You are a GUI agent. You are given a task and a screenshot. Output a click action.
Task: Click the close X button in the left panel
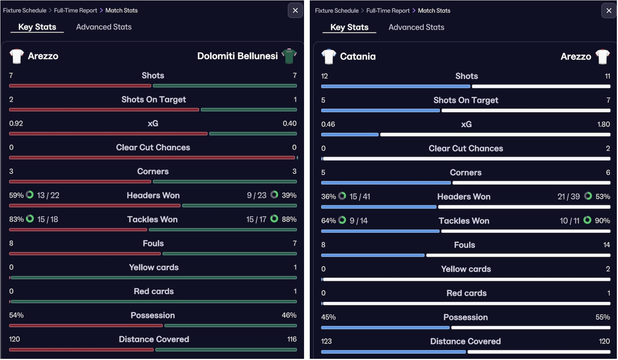[x=295, y=10]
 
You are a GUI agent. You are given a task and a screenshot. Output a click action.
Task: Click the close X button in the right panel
[x=608, y=11]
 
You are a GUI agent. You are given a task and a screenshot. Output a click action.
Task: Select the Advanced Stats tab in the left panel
[x=104, y=27]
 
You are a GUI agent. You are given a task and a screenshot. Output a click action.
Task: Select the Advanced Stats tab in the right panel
[x=416, y=27]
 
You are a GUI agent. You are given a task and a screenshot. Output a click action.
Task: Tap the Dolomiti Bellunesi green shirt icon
[x=289, y=56]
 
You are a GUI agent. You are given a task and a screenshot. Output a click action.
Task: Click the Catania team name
[x=358, y=57]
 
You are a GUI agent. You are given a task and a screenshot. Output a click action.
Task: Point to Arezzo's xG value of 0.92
[x=16, y=123]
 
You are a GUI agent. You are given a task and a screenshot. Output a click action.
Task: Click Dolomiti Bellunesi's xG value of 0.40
[x=290, y=123]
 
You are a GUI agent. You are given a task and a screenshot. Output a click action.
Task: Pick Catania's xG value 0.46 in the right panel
[x=328, y=124]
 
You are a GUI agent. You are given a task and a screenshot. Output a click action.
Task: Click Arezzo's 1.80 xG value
[x=603, y=124]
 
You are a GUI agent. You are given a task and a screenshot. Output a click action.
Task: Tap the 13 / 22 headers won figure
[x=48, y=195]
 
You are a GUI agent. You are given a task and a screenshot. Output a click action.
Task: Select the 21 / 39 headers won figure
[x=568, y=196]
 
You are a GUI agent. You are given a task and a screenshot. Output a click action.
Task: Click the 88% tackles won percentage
[x=289, y=219]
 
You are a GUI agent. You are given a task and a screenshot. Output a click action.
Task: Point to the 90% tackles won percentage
[x=602, y=221]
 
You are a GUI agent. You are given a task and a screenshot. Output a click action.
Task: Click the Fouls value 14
[x=606, y=245]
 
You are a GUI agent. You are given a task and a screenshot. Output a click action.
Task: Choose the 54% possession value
[x=16, y=315]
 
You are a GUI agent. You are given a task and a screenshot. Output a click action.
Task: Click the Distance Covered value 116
[x=292, y=339]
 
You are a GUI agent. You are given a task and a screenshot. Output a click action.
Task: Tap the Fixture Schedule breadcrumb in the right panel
[x=337, y=11]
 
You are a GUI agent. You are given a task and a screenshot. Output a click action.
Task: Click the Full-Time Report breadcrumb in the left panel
[x=76, y=10]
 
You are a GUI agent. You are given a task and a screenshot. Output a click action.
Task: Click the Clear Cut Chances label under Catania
[x=466, y=148]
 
